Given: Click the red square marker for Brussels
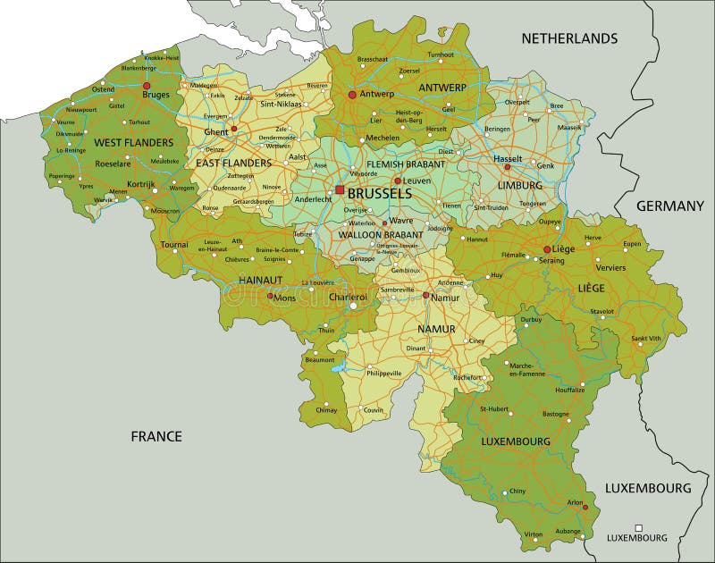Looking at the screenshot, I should [340, 189].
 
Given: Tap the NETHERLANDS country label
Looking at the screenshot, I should [569, 38].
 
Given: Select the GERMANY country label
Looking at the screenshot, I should [670, 206].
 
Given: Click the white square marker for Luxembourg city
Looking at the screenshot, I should [638, 527].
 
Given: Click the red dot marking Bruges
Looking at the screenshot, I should [145, 87].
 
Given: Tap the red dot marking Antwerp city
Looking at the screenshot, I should [352, 94].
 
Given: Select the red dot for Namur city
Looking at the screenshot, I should [426, 295].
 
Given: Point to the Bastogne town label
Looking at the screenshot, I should [556, 414].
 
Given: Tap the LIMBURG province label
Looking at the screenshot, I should [519, 185].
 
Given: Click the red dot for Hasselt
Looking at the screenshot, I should [507, 168].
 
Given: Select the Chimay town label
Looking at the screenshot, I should [327, 410].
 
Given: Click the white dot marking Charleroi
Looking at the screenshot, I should [352, 307].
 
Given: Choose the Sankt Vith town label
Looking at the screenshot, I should [646, 339].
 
